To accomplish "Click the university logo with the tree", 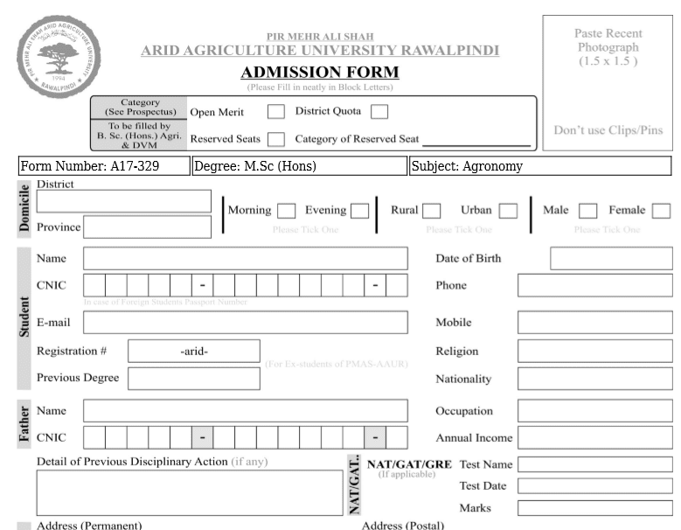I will pyautogui.click(x=59, y=54).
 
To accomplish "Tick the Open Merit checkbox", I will pyautogui.click(x=276, y=112).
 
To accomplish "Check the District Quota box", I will pyautogui.click(x=379, y=112).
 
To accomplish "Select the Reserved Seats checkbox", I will pyautogui.click(x=276, y=139).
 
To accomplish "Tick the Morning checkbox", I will pyautogui.click(x=286, y=211).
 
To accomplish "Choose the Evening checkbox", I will pyautogui.click(x=359, y=211).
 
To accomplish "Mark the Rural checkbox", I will pyautogui.click(x=432, y=211).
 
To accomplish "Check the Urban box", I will pyautogui.click(x=508, y=211).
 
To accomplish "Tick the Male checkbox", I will pyautogui.click(x=588, y=211).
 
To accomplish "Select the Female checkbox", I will pyautogui.click(x=661, y=211).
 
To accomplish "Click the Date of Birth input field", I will pyautogui.click(x=611, y=258).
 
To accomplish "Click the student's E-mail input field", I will pyautogui.click(x=245, y=323).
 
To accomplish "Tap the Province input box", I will pyautogui.click(x=147, y=227).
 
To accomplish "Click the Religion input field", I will pyautogui.click(x=594, y=352).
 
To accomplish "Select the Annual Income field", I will pyautogui.click(x=594, y=437).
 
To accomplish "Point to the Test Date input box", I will pyautogui.click(x=594, y=486).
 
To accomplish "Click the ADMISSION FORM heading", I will pyautogui.click(x=320, y=73).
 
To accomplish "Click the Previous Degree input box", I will pyautogui.click(x=194, y=379).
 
